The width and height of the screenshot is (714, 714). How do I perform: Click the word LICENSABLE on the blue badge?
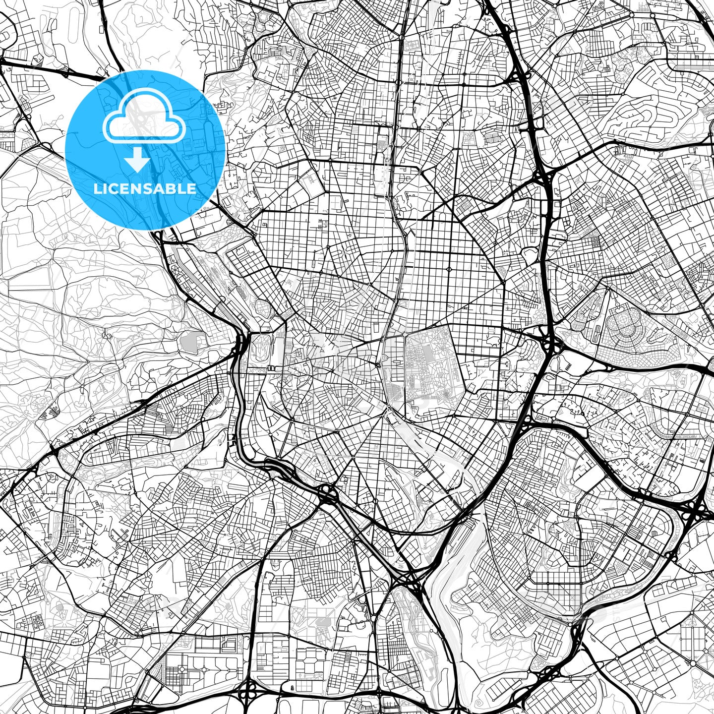(145, 189)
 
